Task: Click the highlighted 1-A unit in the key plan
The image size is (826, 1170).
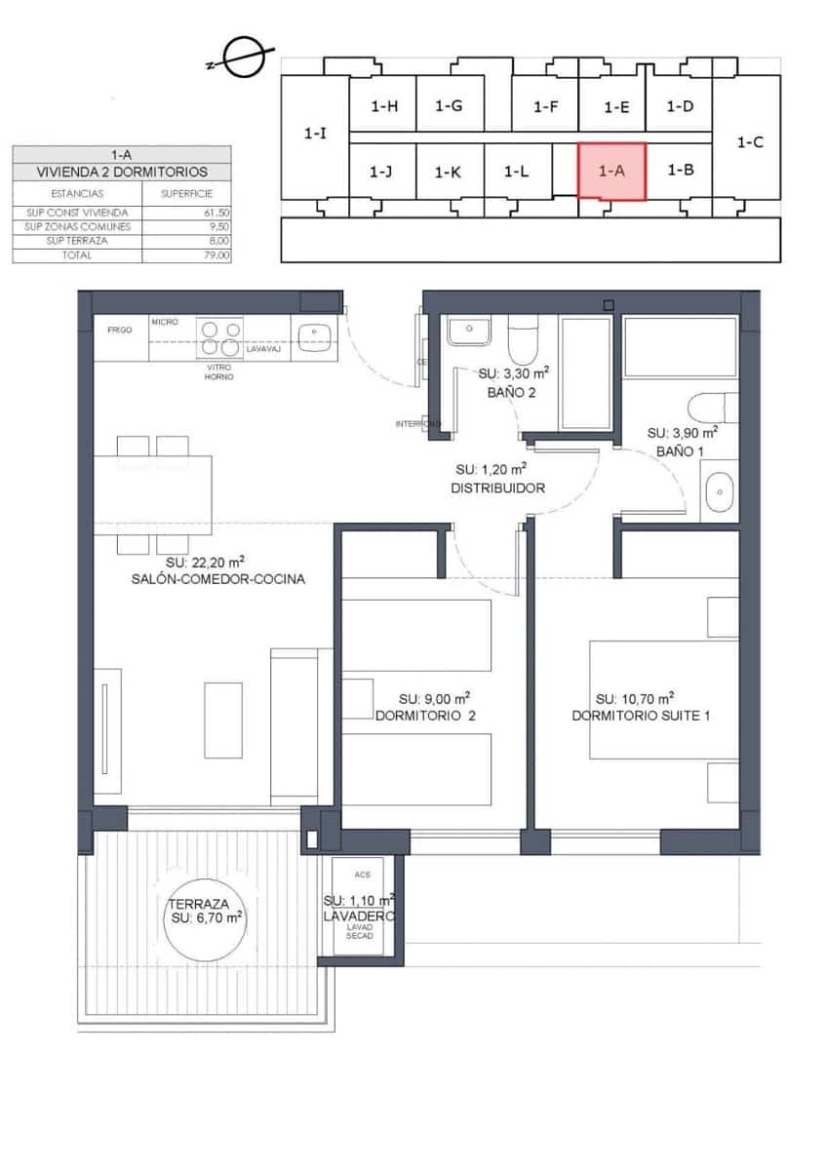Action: coord(611,171)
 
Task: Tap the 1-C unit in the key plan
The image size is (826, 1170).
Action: coord(749,141)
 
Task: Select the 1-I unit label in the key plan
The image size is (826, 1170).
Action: coord(315,134)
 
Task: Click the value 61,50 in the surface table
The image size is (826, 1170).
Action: coord(216,213)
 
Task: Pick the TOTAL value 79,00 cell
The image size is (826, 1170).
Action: coord(216,255)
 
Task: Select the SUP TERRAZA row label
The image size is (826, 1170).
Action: coord(78,241)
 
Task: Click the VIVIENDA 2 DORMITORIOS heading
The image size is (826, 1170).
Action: coord(122,172)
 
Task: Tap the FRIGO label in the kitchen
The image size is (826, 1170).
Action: coord(120,331)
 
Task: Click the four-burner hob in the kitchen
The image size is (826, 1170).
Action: coord(220,337)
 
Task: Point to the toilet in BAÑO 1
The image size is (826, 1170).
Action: coord(712,406)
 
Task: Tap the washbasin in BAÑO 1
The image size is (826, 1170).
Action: coord(719,491)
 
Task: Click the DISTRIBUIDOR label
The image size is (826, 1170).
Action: coord(497,487)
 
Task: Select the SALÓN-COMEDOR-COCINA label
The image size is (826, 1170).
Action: coord(217,578)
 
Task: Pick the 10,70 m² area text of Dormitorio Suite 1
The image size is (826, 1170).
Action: coord(636,698)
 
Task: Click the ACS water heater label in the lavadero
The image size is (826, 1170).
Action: coord(363,875)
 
